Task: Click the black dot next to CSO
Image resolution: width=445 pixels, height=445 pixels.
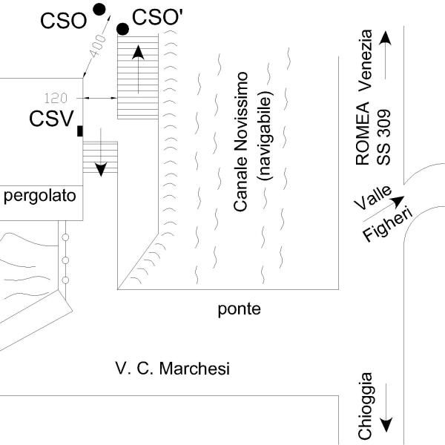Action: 98,9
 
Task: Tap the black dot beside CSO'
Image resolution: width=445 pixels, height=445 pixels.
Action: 123,29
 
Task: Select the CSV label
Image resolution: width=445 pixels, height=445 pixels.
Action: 51,118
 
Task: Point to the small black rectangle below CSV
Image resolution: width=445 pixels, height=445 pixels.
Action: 79,131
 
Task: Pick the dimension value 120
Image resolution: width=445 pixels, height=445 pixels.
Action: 56,98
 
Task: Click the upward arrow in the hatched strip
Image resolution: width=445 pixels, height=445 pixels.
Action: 138,68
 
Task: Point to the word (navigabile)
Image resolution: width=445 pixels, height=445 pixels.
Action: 266,136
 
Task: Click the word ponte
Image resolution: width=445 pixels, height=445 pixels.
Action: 240,309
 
